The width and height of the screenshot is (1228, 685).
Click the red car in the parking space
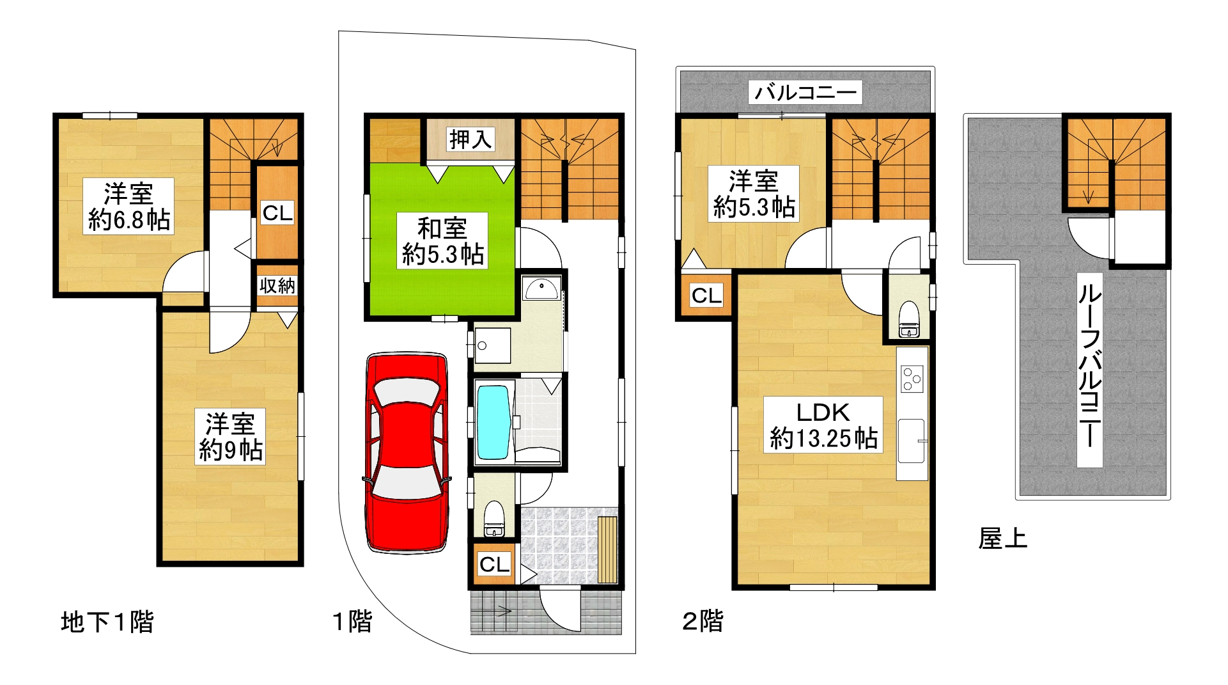(407, 452)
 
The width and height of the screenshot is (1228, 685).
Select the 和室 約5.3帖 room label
(442, 241)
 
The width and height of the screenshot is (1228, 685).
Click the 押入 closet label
(470, 139)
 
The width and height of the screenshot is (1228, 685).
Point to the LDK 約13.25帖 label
(823, 425)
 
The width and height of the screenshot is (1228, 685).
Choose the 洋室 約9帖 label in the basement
(230, 437)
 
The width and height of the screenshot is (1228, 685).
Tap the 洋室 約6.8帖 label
(128, 206)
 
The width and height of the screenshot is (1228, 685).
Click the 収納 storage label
(277, 285)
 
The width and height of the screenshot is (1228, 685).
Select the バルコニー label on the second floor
(805, 93)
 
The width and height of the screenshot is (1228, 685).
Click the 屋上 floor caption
(1002, 539)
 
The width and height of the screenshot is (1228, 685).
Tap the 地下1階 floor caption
(107, 622)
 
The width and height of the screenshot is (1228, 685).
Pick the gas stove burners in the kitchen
(912, 379)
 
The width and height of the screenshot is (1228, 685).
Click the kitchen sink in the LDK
(912, 441)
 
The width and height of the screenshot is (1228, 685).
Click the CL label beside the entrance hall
(494, 564)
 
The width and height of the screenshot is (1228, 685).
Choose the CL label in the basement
(277, 212)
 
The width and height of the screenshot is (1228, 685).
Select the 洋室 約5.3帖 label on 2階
(754, 194)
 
